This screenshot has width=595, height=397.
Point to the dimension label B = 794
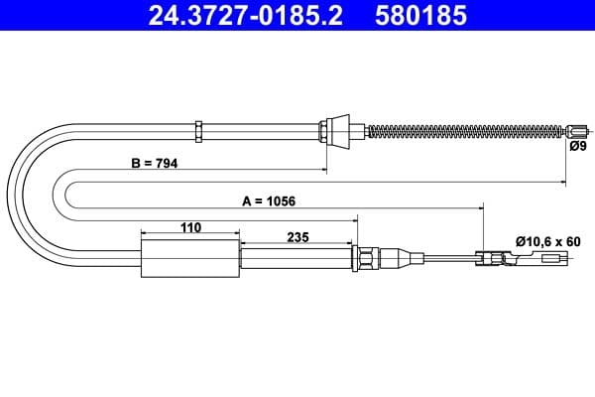(154, 163)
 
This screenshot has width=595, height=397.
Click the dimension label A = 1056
(269, 199)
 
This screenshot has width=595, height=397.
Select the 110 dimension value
(190, 227)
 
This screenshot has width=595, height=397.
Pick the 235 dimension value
(297, 237)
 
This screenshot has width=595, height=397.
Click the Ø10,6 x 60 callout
(544, 239)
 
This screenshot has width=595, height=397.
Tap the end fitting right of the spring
(577, 129)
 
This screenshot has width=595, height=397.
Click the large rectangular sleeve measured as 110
(190, 259)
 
